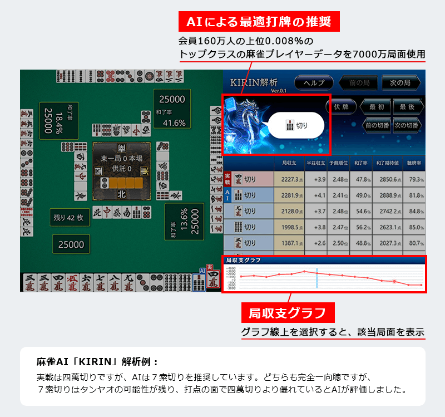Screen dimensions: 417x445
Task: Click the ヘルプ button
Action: point(314,82)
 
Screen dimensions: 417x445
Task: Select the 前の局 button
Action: point(359,82)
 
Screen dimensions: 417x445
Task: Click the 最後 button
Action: point(408,106)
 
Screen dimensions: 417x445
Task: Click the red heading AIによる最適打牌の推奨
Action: point(259,22)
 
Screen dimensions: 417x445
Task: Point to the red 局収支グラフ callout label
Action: point(287,312)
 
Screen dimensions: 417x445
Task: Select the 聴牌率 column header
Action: point(414,164)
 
